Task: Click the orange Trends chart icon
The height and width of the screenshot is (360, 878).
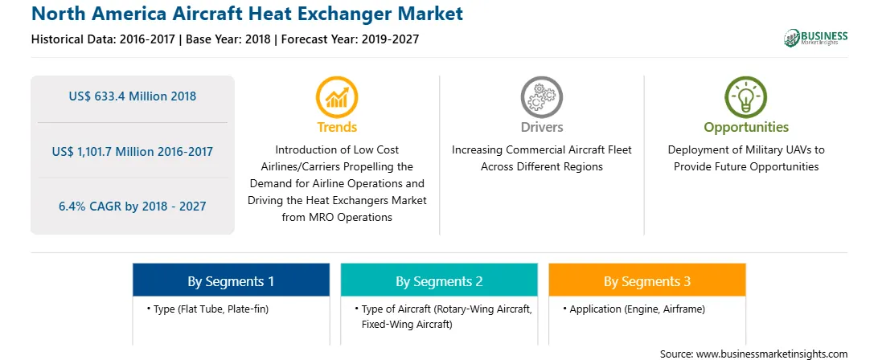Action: tap(337, 96)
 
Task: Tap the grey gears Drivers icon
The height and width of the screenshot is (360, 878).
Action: tap(541, 96)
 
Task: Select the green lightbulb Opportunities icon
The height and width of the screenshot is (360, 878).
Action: tap(746, 96)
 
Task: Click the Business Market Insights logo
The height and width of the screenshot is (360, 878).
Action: tap(816, 38)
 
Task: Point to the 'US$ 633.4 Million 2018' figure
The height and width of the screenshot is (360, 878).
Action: tap(133, 96)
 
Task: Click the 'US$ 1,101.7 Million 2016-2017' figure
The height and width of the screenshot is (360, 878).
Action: tap(133, 151)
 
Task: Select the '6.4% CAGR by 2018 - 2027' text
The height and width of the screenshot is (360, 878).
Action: tap(133, 206)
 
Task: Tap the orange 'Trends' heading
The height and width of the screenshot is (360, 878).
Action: tap(337, 127)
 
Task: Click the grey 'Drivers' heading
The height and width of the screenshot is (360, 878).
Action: tap(541, 127)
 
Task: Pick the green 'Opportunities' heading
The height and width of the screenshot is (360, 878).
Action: tap(746, 128)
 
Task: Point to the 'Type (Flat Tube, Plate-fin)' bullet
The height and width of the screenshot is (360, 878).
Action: tap(207, 309)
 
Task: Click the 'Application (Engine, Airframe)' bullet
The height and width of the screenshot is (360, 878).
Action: tap(634, 309)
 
